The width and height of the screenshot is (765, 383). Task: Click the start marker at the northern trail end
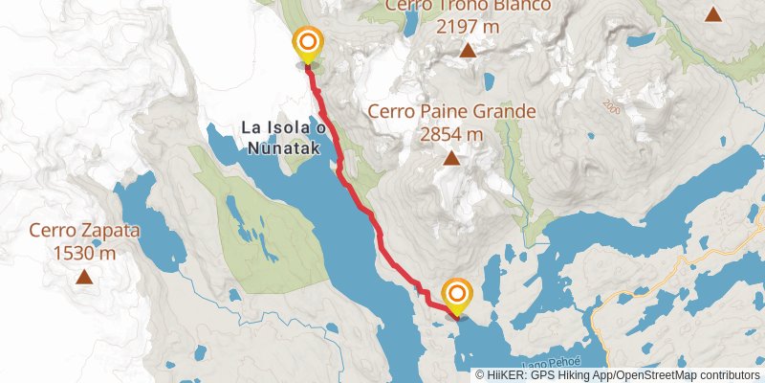pyautogui.click(x=308, y=43)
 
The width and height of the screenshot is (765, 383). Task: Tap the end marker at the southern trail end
pyautogui.click(x=457, y=295)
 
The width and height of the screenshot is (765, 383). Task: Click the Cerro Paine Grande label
pyautogui.click(x=452, y=112)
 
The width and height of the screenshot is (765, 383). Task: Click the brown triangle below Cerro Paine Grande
pyautogui.click(x=450, y=158)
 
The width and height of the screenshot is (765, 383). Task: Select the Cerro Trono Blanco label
pyautogui.click(x=469, y=8)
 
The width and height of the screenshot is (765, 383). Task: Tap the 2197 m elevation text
pyautogui.click(x=468, y=27)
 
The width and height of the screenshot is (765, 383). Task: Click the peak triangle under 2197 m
pyautogui.click(x=468, y=51)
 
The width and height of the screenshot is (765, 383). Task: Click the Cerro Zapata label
pyautogui.click(x=85, y=231)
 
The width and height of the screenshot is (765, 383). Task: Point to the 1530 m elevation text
pyautogui.click(x=85, y=253)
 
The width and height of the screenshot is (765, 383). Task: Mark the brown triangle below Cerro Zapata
pyautogui.click(x=85, y=278)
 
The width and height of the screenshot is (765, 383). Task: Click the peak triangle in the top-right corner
pyautogui.click(x=713, y=13)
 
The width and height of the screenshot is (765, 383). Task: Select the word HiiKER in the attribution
pyautogui.click(x=504, y=375)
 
